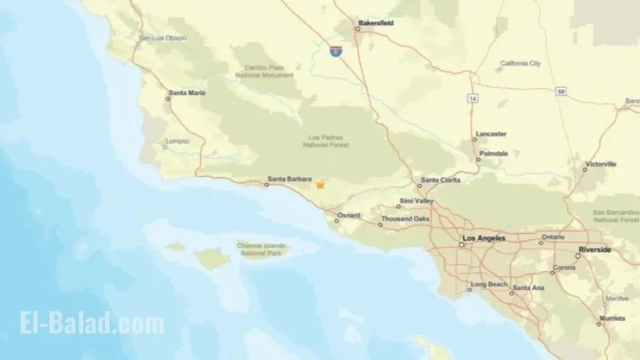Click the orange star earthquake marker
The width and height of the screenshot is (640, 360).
click(x=320, y=185)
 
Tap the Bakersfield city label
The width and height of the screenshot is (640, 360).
click(x=375, y=23)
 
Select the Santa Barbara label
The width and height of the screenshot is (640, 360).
click(x=289, y=178)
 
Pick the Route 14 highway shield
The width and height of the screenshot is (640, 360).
click(x=471, y=97)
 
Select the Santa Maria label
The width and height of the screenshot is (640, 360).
click(x=187, y=93)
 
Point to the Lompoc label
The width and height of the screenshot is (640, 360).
click(x=179, y=141)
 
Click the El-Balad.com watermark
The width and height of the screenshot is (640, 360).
click(x=83, y=323)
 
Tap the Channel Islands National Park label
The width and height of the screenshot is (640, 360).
click(x=263, y=250)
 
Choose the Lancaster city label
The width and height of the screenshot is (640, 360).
click(x=491, y=134)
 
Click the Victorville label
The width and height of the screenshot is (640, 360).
click(x=600, y=164)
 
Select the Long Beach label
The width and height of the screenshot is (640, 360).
click(x=488, y=284)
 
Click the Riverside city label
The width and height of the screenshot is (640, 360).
click(x=594, y=250)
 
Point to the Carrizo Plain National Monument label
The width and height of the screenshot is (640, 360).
click(x=269, y=71)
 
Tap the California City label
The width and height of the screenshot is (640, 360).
click(x=520, y=63)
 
